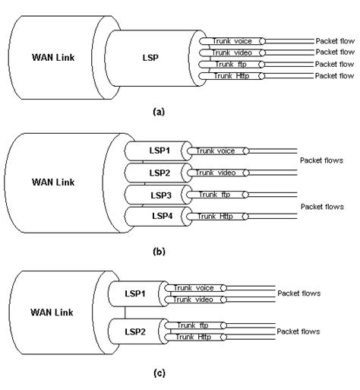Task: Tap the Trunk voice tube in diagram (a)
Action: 233,40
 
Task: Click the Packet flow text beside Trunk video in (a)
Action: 334,52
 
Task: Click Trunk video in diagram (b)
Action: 216,173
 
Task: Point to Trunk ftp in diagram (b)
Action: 216,195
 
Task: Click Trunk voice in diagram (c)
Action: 194,288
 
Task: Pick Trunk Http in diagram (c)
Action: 194,336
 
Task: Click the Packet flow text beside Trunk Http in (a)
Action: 334,76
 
